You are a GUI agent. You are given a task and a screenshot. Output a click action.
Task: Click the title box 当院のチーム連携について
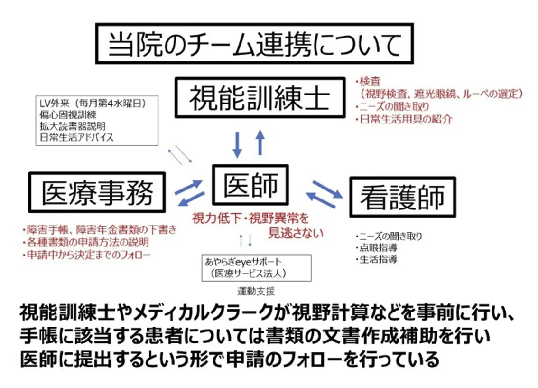pos(254,44)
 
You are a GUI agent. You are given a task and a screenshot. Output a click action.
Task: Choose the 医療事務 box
pos(97,193)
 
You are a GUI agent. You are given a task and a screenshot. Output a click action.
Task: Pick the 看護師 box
pos(402,197)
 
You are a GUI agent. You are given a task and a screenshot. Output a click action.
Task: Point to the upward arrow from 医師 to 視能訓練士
pos(260,142)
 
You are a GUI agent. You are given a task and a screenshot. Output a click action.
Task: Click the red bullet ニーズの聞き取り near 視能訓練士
pos(394,106)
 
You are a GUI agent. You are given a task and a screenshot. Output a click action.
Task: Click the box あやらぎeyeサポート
pos(257,267)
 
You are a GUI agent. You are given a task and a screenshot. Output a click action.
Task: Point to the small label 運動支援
pos(256,291)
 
